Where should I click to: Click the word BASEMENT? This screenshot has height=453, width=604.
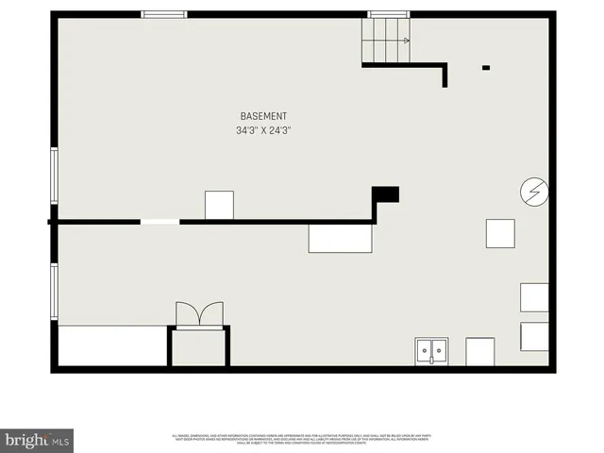tap(263, 116)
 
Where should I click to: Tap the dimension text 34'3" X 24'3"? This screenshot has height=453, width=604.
tap(263, 131)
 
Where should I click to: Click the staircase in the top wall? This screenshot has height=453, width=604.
tap(386, 41)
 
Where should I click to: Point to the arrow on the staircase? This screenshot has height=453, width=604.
tap(405, 41)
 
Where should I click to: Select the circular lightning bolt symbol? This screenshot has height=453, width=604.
tap(533, 193)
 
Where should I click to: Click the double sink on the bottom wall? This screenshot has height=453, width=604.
tap(431, 351)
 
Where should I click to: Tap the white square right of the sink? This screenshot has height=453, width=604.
tap(479, 351)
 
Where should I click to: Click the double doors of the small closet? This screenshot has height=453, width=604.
tap(199, 313)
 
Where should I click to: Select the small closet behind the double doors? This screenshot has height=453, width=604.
tap(199, 346)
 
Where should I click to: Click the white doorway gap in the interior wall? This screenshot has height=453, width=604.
tap(159, 222)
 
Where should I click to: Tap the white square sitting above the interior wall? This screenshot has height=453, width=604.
tap(219, 205)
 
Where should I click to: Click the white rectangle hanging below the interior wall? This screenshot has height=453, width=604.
tap(341, 238)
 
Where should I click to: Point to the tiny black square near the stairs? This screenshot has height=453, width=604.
tap(486, 67)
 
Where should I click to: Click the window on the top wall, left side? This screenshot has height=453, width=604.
tap(164, 14)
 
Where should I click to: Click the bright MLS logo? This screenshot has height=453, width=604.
tap(38, 440)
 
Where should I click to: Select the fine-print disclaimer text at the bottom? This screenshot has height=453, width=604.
tap(302, 439)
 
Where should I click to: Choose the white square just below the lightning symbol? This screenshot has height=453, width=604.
tap(500, 233)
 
